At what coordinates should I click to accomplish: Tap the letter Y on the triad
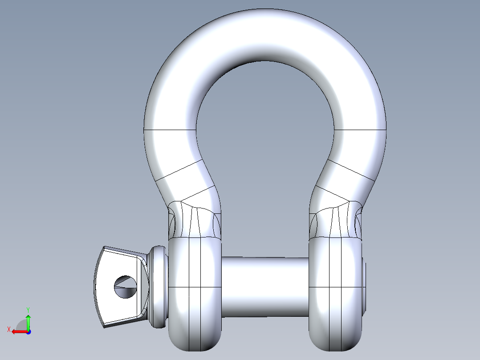[28, 309]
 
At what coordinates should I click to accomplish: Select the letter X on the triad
[8, 329]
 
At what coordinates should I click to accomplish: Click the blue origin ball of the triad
[28, 331]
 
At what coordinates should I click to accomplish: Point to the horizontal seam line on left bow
[170, 130]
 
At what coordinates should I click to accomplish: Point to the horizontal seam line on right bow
[360, 130]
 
